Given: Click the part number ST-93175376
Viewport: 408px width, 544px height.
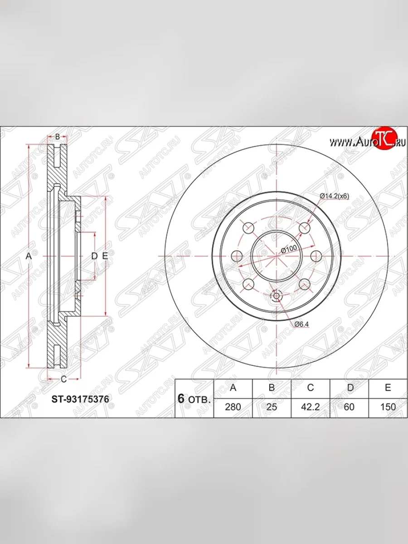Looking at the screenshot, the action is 80,399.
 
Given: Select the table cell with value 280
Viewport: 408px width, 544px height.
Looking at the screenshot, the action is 233,407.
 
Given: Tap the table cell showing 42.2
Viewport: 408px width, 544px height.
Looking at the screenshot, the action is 311,407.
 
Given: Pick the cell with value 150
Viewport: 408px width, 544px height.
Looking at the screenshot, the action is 388,407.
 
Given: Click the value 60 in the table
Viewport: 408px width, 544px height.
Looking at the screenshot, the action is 349,407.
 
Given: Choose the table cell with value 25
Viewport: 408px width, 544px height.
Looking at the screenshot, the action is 272,407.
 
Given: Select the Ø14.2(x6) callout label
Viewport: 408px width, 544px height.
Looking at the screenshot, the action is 335,196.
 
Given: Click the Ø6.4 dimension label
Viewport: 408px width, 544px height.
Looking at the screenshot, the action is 302,324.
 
